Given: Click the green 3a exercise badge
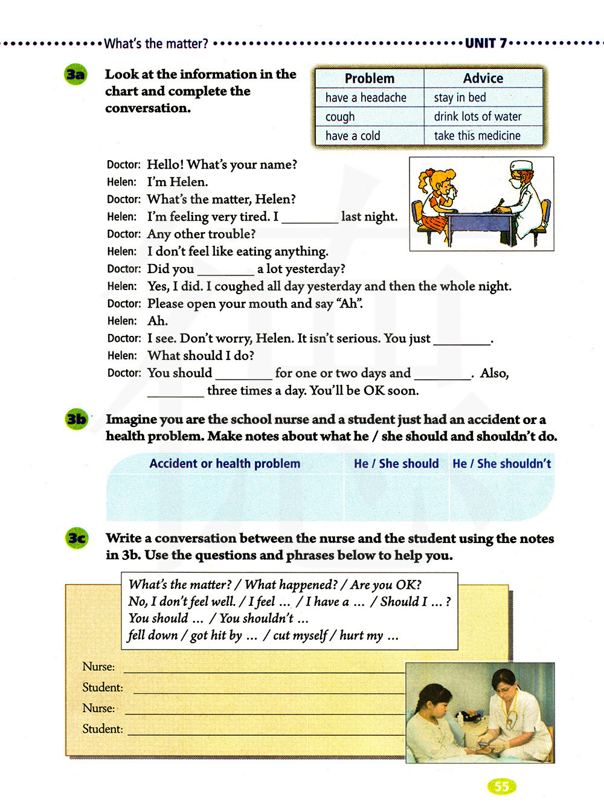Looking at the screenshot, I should pos(75,75).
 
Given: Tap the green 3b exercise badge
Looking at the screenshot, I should pos(77,419).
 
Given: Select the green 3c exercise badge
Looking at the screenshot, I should pos(77,538).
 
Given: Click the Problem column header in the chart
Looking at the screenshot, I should pos(369,79).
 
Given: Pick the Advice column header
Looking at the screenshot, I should pos(483,79).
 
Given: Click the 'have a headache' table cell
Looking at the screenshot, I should pos(365,98).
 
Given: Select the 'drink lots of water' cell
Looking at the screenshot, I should pos(477,117).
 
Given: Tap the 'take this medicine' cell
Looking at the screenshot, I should pos(477,136).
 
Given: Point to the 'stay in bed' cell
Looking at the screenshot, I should pos(460,98).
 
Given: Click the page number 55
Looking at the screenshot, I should pos(501,786).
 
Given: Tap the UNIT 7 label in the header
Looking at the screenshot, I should pos(486,43).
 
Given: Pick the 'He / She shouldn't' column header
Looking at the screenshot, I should pos(501,464).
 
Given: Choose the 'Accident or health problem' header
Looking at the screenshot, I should pos(225,464).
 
